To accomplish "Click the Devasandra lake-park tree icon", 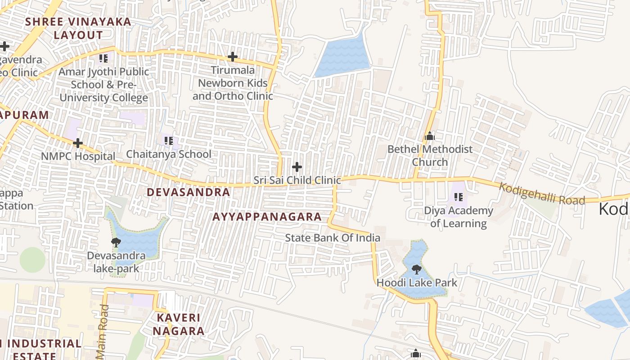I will coord(116,243).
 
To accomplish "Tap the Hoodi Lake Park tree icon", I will coord(417,269).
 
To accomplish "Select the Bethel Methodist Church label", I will coord(430,155).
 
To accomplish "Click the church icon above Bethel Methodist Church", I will coord(430,135).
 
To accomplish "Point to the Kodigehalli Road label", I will coord(542,193).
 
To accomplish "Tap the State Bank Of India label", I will coord(333,238).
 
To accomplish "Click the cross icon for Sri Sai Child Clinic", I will coord(297,167).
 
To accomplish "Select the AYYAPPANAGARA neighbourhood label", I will coord(267,216).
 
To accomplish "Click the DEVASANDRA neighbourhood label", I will coord(189,192).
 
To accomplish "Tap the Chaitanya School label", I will coord(169,154).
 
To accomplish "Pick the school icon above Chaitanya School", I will coord(169,140).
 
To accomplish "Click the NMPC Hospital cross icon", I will coord(78,143).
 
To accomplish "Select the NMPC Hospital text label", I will coord(78,156).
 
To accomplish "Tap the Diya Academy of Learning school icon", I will coord(459,197).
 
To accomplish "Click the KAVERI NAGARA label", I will coord(179,324).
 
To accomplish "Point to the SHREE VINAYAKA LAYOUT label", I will coord(78,28).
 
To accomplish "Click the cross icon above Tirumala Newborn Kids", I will coord(233,57).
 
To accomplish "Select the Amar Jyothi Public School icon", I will coord(103,58).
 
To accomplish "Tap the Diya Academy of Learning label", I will coord(459,217).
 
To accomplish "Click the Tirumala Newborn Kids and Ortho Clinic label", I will coord(233,83).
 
